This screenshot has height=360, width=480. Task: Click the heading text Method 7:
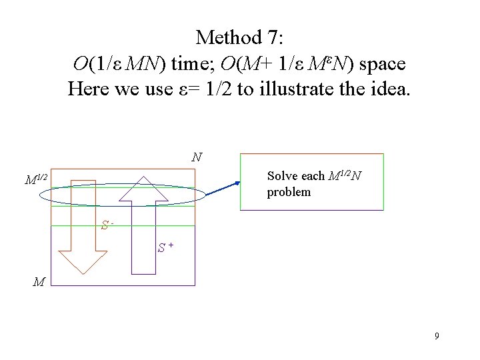[240, 37]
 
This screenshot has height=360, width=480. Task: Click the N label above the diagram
[197, 158]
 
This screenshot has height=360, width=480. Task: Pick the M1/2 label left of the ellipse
[36, 179]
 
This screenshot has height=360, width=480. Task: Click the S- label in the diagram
[106, 225]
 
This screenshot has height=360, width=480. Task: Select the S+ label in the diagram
[166, 248]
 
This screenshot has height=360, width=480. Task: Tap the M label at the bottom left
[39, 282]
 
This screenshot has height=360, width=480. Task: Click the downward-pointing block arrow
[83, 227]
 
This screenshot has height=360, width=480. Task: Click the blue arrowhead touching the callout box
[237, 183]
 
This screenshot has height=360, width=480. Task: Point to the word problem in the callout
[289, 192]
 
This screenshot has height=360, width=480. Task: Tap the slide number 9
[437, 336]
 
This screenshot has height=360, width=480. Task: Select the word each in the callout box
[313, 177]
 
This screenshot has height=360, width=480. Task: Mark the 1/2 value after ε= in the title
[219, 89]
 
